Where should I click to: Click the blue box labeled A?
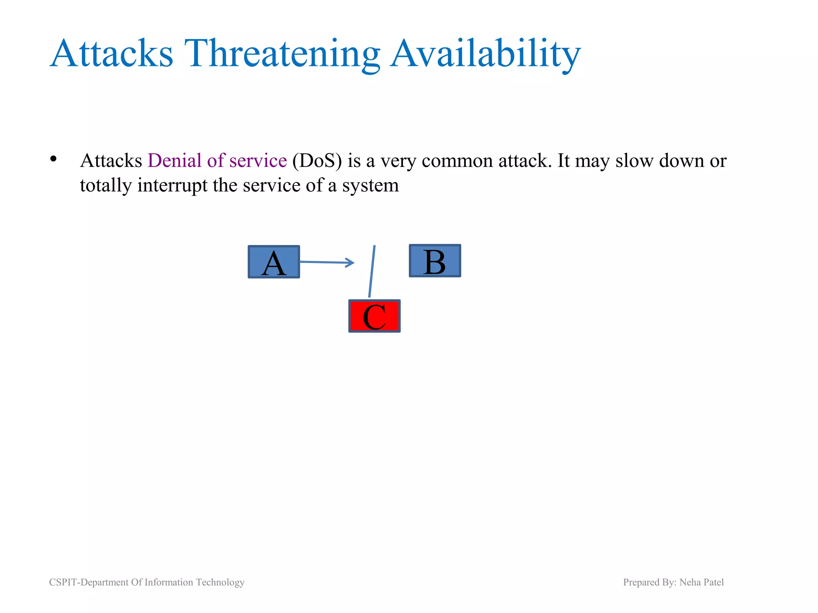click(274, 262)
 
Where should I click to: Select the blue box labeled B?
click(435, 261)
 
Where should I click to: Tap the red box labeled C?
click(374, 316)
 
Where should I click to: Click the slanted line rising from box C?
click(372, 271)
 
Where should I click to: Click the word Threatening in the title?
click(282, 53)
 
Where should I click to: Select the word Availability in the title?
click(485, 53)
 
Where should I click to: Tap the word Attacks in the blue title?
click(112, 53)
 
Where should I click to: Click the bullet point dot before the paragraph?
click(54, 160)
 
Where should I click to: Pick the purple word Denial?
click(175, 160)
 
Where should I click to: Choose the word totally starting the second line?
click(105, 185)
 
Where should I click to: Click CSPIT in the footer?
click(63, 582)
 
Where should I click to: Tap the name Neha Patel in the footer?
click(701, 582)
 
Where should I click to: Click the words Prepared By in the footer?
click(649, 582)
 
